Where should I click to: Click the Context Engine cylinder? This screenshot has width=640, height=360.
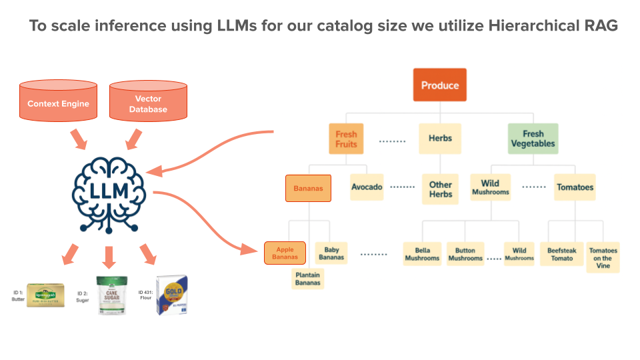(58, 103)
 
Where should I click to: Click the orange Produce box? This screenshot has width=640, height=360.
(440, 85)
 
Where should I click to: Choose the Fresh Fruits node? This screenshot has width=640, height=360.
(346, 139)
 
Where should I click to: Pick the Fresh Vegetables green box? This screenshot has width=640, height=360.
(533, 139)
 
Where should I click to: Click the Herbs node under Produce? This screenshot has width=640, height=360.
(440, 139)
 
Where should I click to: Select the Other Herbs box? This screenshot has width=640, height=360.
(440, 189)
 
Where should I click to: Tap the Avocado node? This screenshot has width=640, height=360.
(367, 187)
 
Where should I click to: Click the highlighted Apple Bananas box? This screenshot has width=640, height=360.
(285, 253)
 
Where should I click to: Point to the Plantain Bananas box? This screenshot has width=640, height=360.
(307, 278)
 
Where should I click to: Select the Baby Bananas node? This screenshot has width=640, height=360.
(331, 253)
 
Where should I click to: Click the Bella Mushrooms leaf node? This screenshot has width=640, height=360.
(422, 254)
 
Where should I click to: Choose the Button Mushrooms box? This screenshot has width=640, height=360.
(465, 254)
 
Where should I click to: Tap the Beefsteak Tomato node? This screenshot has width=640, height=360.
(561, 254)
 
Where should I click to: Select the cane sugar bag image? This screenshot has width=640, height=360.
(110, 295)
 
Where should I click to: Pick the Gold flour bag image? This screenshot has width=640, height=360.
(171, 295)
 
